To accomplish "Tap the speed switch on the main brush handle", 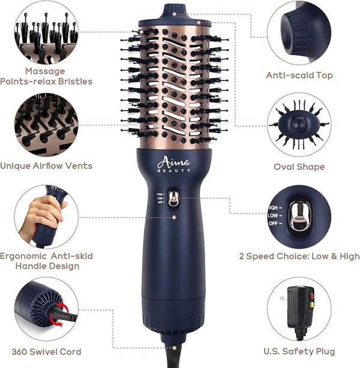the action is tap(173, 198).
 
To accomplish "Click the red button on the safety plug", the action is tap(311, 297).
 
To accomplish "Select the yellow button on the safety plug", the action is tap(311, 304).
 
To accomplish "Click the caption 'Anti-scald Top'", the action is tap(299, 75).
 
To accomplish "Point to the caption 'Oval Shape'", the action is tap(299, 167).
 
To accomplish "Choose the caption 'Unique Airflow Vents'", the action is tap(46, 166).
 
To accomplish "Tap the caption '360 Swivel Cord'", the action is tap(46, 352).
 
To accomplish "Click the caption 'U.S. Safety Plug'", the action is tap(299, 351).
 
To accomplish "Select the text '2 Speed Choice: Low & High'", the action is tap(299, 256).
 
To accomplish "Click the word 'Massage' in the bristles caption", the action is tap(45, 71).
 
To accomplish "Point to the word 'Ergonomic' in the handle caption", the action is tap(23, 256).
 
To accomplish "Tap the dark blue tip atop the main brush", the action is tap(175, 13).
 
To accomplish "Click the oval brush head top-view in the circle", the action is tap(299, 125).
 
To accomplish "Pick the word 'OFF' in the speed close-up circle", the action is tap(273, 223).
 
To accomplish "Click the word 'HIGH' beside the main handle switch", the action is tap(160, 194).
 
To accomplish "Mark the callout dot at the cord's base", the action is tap(174, 348).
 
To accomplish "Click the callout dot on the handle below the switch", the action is tap(174, 218).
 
